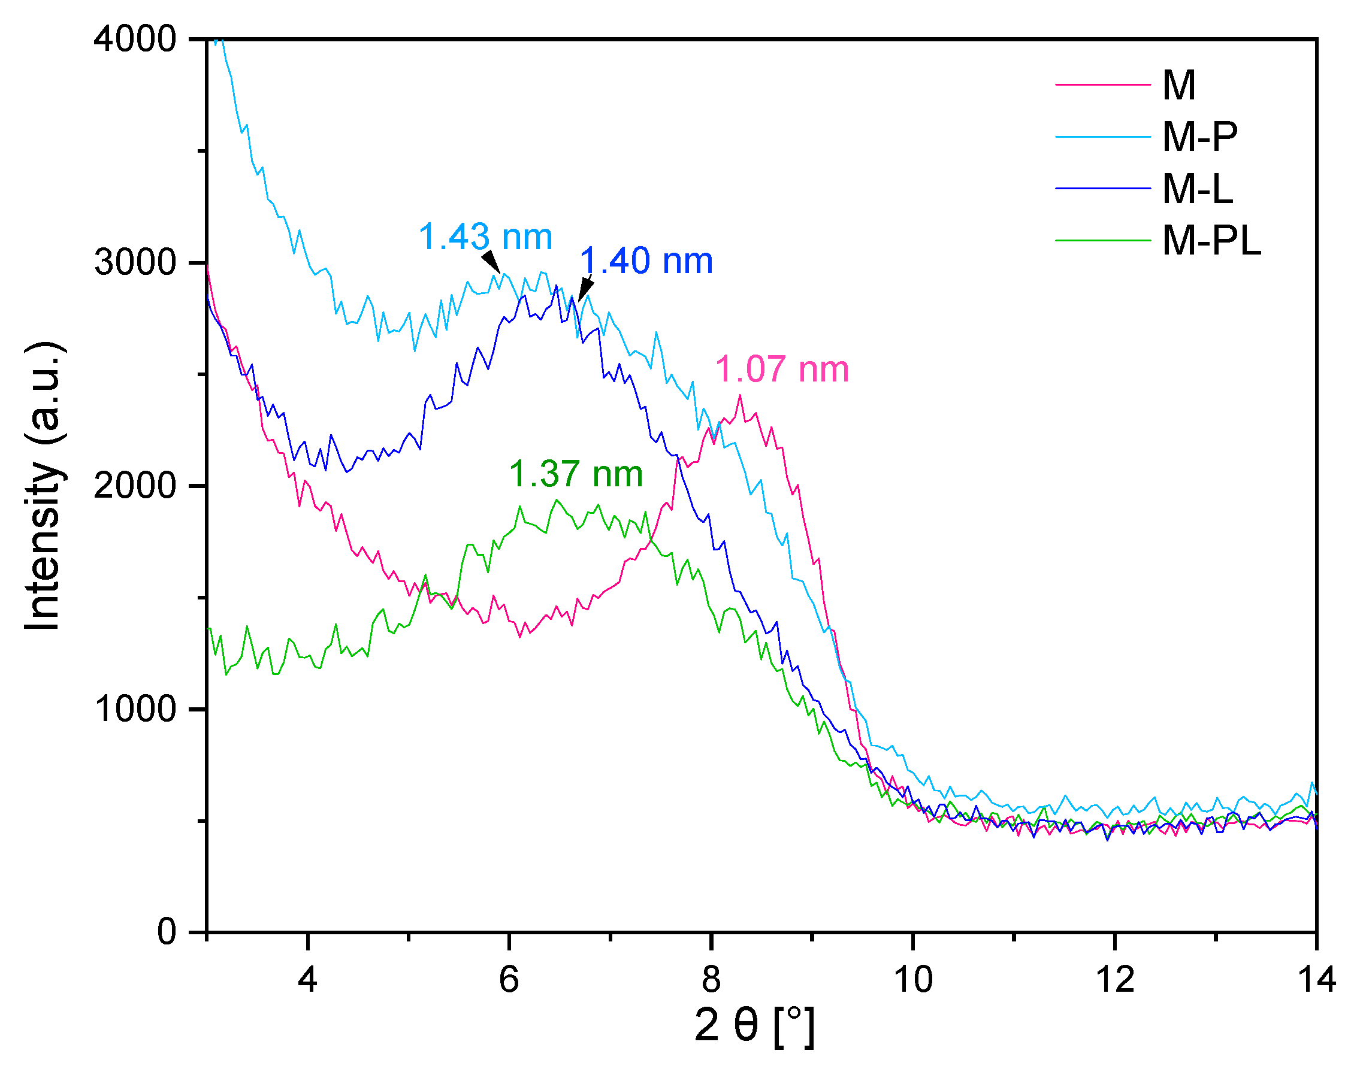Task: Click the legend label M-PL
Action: pyautogui.click(x=1211, y=240)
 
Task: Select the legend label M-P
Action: pyautogui.click(x=1199, y=136)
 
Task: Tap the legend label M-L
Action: pyautogui.click(x=1197, y=188)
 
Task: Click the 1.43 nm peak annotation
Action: pyautogui.click(x=485, y=237)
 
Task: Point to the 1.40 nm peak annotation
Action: pyautogui.click(x=646, y=261)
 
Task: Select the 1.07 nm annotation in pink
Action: pyautogui.click(x=782, y=369)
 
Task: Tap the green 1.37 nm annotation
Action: pyautogui.click(x=576, y=474)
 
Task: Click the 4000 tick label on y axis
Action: pyautogui.click(x=135, y=39)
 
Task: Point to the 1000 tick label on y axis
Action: pyautogui.click(x=135, y=709)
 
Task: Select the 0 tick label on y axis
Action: pyautogui.click(x=167, y=932)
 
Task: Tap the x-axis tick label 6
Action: pyautogui.click(x=509, y=979)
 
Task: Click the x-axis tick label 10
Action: pyautogui.click(x=912, y=979)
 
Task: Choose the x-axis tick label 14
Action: pyautogui.click(x=1316, y=979)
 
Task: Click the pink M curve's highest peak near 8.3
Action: pyautogui.click(x=739, y=395)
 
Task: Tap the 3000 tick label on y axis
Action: pyautogui.click(x=135, y=262)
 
